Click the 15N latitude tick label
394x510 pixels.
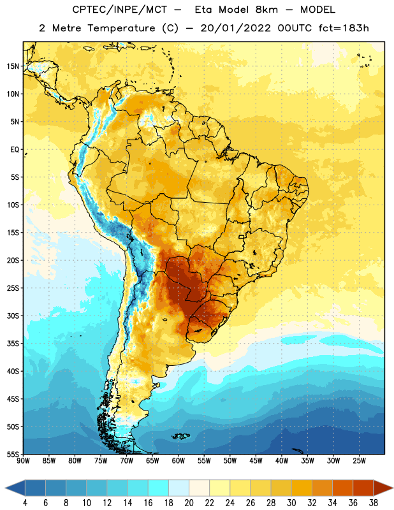click(13, 66)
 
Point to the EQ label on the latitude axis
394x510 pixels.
click(15, 150)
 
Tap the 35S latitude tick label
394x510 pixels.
click(13, 344)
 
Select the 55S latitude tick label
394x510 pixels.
click(13, 454)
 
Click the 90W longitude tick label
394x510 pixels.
click(23, 461)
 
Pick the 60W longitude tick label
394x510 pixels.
click(179, 461)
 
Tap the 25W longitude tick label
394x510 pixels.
click(359, 461)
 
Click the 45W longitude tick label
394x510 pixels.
click(256, 461)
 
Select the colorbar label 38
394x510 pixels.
click(374, 502)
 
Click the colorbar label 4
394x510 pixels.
click(25, 502)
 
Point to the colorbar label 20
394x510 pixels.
click(189, 502)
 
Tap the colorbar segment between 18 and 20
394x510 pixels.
click(179, 488)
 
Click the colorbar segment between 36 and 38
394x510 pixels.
click(363, 488)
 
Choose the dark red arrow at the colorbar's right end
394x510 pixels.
click(383, 488)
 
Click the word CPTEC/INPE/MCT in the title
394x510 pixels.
click(120, 10)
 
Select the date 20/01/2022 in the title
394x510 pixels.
click(235, 28)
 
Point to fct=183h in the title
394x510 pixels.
click(344, 28)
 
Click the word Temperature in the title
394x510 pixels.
click(121, 29)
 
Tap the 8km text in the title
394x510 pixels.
click(266, 10)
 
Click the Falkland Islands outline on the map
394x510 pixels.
click(181, 436)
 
